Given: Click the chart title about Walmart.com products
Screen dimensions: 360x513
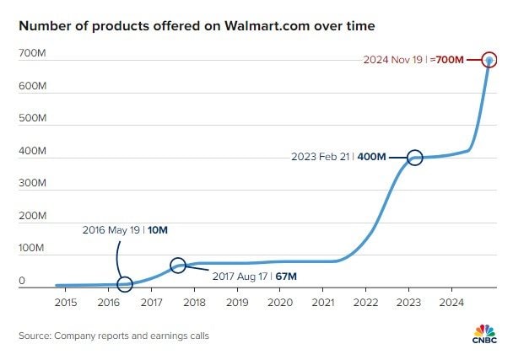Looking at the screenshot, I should (197, 26).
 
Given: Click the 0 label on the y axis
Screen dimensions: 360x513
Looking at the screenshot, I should (23, 282).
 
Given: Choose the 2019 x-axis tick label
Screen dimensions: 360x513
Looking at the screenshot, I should (237, 302).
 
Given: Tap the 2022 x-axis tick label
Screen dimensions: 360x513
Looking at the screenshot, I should (365, 302).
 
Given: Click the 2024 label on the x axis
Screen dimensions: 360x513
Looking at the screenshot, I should (451, 302).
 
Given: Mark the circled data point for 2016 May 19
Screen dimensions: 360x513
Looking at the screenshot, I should (125, 284).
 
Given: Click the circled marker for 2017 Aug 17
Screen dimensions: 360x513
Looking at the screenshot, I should (178, 266).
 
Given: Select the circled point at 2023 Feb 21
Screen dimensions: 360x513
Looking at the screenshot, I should (415, 157).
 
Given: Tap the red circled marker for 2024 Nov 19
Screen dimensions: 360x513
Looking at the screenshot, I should (489, 60).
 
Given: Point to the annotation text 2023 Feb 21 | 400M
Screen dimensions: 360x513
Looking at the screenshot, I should (338, 157).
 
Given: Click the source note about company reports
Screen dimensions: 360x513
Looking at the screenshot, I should (114, 336).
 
